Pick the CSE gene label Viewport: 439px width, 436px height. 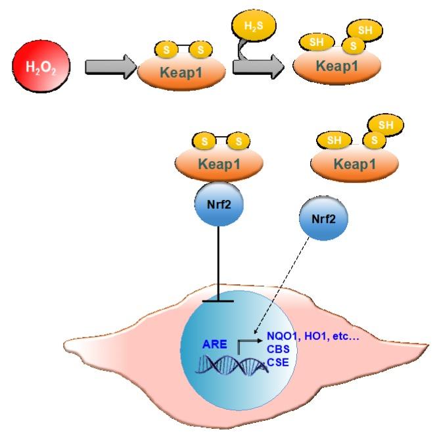point(278,362)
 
